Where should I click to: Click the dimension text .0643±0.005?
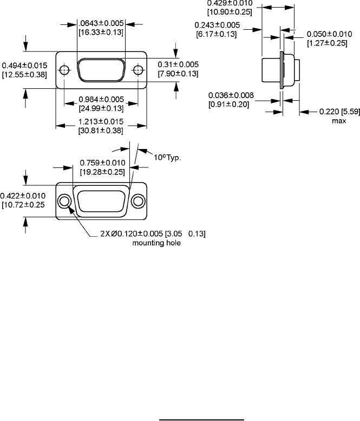(101, 24)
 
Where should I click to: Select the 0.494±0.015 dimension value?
(24, 65)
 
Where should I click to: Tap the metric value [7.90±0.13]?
(178, 74)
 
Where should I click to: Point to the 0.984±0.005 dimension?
(101, 99)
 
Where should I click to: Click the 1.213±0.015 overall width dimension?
(101, 121)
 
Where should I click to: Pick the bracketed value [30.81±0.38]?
(101, 130)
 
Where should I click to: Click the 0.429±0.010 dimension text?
(230, 3)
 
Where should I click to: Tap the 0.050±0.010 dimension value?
(328, 34)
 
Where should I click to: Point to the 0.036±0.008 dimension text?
(231, 96)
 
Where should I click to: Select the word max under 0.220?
(339, 121)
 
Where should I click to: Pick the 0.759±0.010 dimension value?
(102, 163)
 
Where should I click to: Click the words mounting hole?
(156, 243)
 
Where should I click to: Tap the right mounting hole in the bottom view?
(139, 202)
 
